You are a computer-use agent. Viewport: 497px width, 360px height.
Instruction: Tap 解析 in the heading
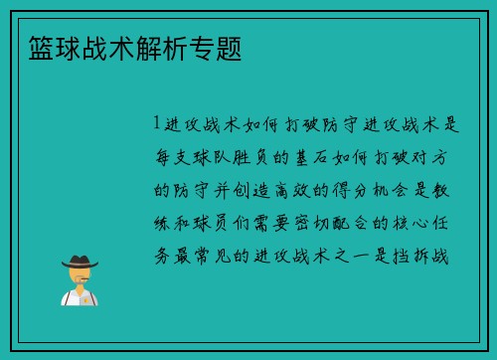tap(159, 46)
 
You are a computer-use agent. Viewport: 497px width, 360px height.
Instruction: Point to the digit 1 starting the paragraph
tap(156, 124)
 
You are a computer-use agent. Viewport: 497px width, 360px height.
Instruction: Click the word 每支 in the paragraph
tap(175, 157)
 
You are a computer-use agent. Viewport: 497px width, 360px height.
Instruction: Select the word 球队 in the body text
tap(216, 157)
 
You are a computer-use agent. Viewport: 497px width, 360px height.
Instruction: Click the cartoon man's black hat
tap(79, 261)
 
